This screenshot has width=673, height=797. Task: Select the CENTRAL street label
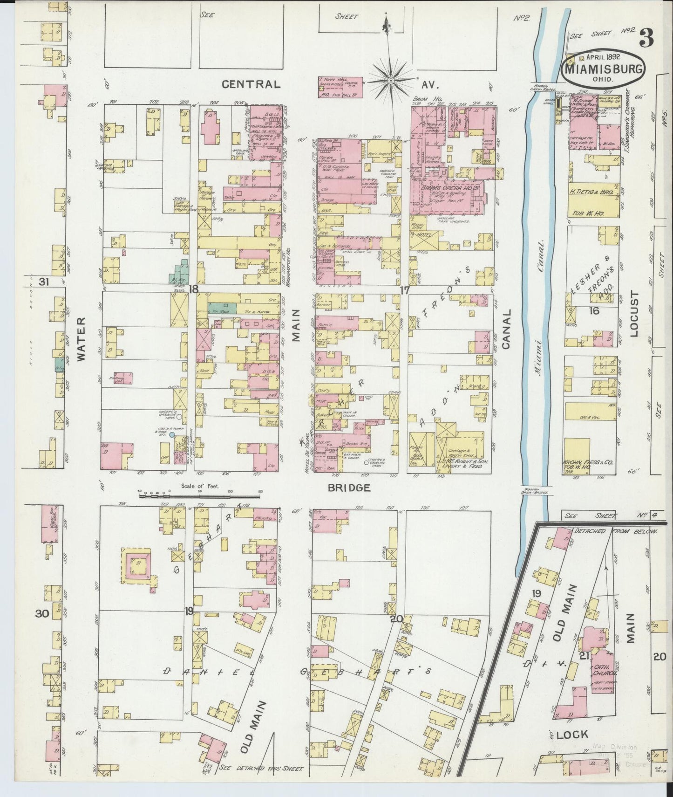click(x=251, y=84)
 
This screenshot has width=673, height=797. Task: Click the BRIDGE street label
click(x=348, y=488)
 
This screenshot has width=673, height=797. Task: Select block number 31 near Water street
click(x=44, y=282)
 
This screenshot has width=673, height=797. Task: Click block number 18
click(x=193, y=289)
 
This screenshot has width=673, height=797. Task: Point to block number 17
click(x=404, y=290)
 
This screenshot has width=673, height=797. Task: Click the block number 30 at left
click(x=42, y=614)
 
